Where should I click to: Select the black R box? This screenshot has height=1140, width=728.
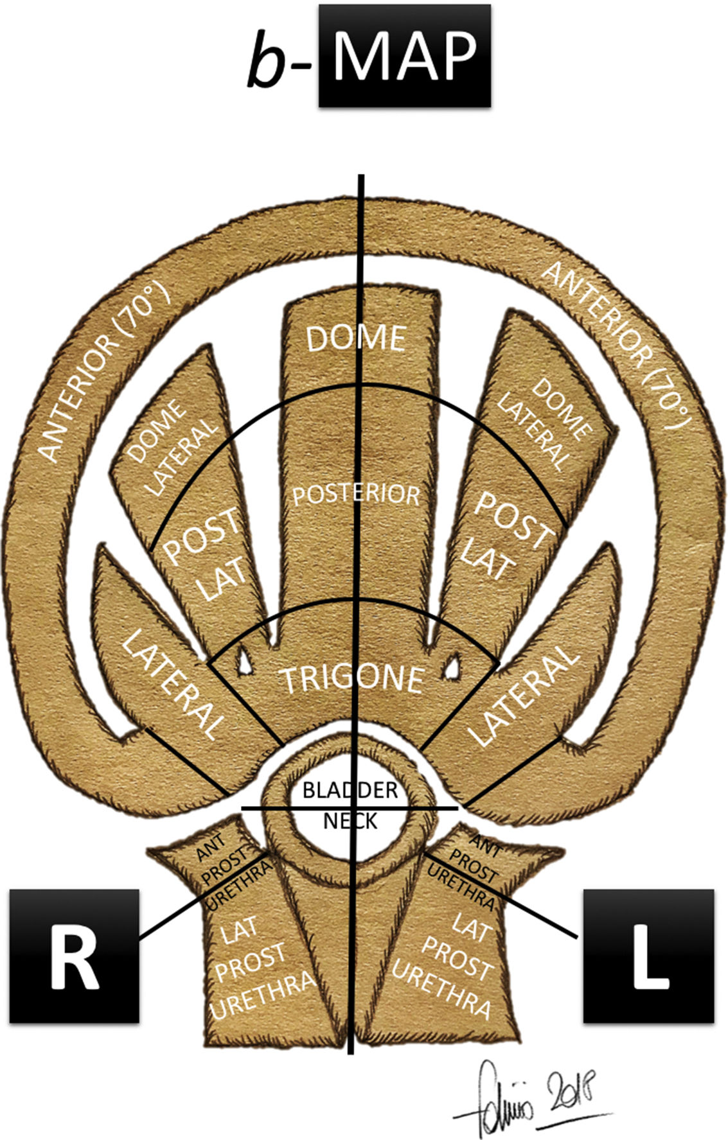pos(74,955)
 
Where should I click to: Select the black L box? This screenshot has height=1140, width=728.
pos(648,955)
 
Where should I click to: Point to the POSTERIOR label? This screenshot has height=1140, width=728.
pos(356,495)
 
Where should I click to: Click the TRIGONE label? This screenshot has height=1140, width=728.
pos(353,679)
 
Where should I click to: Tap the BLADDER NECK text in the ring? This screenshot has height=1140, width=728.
pos(350,805)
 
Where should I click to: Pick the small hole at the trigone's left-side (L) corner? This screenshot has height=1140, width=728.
pos(453,665)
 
